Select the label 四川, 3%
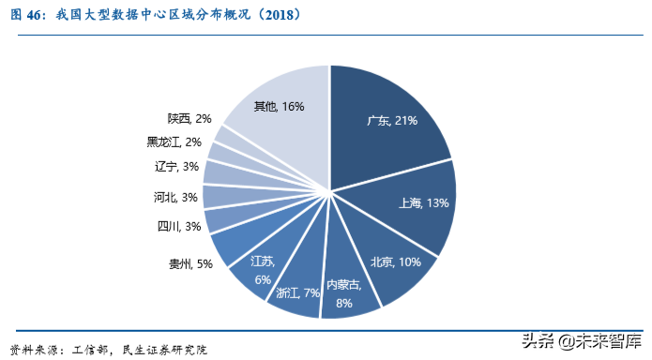coord(179,226)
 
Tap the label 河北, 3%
coord(175,197)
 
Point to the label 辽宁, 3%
coord(176,167)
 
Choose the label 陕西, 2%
coord(190,118)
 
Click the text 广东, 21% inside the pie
coord(392,121)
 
